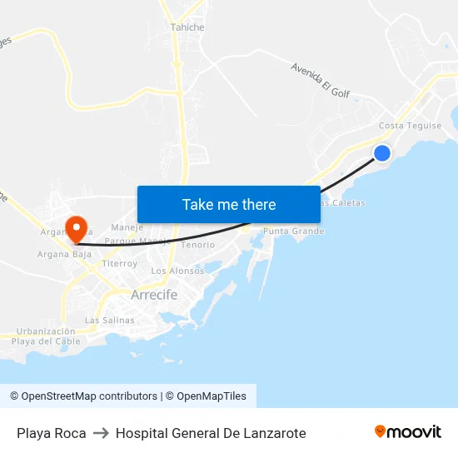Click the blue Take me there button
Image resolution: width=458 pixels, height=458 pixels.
pyautogui.click(x=229, y=204)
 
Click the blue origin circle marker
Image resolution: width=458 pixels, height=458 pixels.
pyautogui.click(x=382, y=153)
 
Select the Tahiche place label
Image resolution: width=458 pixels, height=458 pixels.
pyautogui.click(x=187, y=27)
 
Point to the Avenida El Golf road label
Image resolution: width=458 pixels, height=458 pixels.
pyautogui.click(x=320, y=80)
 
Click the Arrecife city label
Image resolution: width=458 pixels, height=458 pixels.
pyautogui.click(x=154, y=295)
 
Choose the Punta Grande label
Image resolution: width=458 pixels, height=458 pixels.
pyautogui.click(x=293, y=231)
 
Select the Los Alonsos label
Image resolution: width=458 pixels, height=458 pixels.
pyautogui.click(x=177, y=271)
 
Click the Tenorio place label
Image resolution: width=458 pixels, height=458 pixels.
pyautogui.click(x=198, y=245)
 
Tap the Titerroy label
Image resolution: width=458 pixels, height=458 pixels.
pyautogui.click(x=119, y=263)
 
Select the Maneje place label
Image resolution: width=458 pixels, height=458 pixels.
pyautogui.click(x=127, y=227)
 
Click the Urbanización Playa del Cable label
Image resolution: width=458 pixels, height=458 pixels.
pyautogui.click(x=46, y=336)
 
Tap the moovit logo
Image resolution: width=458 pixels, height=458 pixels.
pyautogui.click(x=408, y=431)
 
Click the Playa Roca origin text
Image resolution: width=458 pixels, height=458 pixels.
pyautogui.click(x=52, y=433)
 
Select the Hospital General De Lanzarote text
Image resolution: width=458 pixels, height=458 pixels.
pyautogui.click(x=211, y=433)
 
